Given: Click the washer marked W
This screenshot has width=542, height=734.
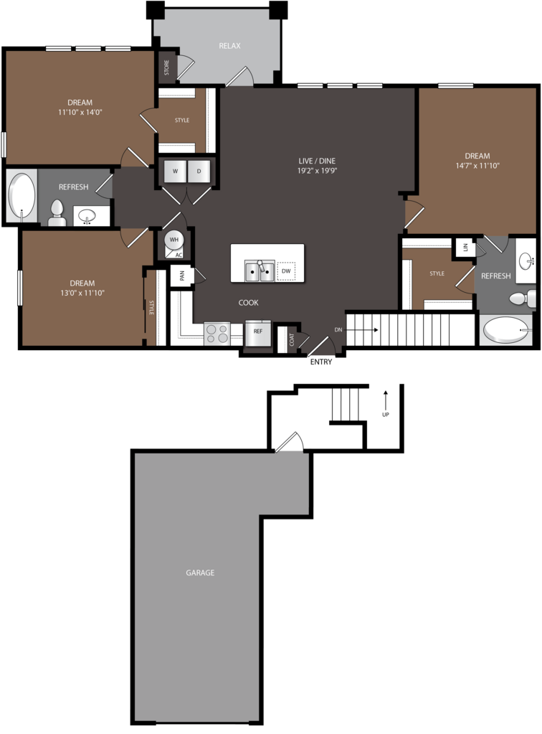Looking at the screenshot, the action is (176, 171).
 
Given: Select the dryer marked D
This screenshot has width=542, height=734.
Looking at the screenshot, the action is (199, 171).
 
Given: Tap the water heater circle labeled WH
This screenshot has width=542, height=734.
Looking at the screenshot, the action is (174, 240).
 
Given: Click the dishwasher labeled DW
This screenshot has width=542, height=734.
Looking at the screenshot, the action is (286, 271).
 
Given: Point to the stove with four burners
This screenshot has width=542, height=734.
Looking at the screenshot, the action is (217, 334).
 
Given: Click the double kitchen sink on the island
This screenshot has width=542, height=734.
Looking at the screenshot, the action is (260, 270).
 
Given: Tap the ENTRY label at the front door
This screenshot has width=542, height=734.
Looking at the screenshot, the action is (321, 362).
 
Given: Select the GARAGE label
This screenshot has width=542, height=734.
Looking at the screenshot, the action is (200, 573).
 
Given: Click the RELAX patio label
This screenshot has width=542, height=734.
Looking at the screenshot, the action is (229, 46).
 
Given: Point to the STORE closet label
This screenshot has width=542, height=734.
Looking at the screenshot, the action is (167, 67).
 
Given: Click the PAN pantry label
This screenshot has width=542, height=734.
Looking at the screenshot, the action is (182, 276).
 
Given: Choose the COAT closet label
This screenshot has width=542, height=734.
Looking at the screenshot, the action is (292, 339).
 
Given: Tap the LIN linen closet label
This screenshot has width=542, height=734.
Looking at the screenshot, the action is (466, 247).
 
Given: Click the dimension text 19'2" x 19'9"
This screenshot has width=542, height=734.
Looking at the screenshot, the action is (318, 171).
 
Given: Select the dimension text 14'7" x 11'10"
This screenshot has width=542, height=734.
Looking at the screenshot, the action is (477, 165).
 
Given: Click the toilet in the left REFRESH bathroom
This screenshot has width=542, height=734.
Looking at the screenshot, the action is (57, 213).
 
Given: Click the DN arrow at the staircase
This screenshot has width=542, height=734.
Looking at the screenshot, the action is (363, 330).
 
